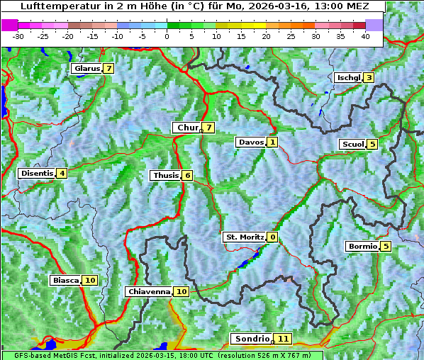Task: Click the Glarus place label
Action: point(87,69)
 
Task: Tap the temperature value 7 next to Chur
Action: point(209,128)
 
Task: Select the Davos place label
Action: point(251,142)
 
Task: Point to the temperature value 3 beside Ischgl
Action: point(369,77)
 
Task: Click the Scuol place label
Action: point(353,144)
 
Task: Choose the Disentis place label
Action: point(37,173)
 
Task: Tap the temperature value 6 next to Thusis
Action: point(187,175)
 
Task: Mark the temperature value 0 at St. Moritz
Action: point(273,237)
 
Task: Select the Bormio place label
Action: point(362,247)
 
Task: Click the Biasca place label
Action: point(66,281)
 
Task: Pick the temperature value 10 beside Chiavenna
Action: point(181,291)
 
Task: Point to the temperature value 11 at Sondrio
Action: point(283,339)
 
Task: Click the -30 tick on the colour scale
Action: point(18,36)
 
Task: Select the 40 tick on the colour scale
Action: point(365,36)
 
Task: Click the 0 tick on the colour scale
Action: point(167,36)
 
